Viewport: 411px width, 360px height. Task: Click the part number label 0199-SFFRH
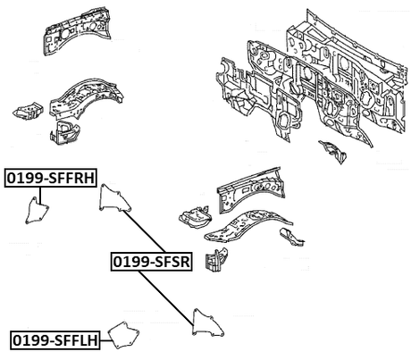click(x=51, y=178)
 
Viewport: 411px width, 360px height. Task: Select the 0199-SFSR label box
click(x=151, y=262)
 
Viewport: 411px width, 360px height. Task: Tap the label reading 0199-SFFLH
click(x=55, y=340)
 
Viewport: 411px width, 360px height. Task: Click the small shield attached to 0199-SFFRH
click(x=37, y=211)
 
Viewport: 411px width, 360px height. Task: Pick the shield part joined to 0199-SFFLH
click(x=124, y=335)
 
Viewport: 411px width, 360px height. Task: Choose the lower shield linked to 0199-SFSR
click(x=207, y=323)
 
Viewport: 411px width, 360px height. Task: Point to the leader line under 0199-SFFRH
click(x=39, y=196)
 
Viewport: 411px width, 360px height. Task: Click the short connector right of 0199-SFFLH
click(x=105, y=340)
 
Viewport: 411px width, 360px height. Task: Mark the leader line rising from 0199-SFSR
click(x=144, y=231)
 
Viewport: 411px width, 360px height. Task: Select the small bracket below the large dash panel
click(x=333, y=151)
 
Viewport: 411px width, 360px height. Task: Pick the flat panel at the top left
click(x=77, y=31)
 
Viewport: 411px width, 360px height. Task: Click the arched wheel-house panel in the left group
click(x=87, y=96)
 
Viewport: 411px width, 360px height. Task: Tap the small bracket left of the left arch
click(x=28, y=110)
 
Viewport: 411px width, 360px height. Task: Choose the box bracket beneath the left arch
click(x=64, y=132)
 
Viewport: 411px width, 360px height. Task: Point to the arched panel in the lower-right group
click(x=248, y=225)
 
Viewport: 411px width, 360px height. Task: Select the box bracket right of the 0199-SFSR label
click(x=216, y=260)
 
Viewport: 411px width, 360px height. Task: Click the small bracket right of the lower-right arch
click(x=291, y=237)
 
